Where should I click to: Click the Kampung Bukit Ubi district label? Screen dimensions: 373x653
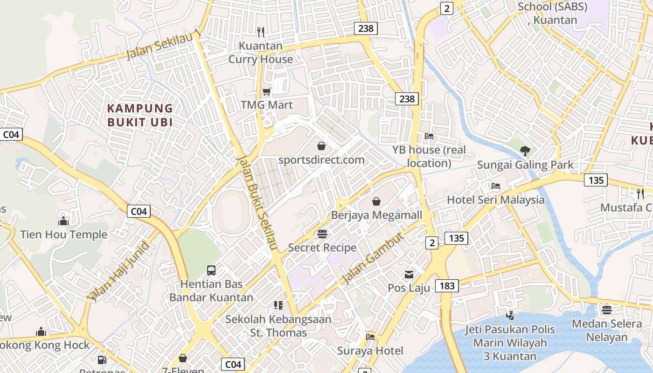click(x=140, y=115)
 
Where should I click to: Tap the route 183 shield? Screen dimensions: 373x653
click(x=447, y=285)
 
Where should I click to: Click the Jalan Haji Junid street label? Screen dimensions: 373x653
click(x=118, y=271)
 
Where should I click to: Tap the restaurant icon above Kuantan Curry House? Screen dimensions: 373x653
click(x=261, y=32)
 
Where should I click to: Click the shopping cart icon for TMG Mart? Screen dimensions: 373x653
click(x=266, y=91)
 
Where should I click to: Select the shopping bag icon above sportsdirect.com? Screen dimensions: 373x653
click(x=321, y=146)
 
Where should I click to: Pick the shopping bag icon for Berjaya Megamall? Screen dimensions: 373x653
click(x=376, y=201)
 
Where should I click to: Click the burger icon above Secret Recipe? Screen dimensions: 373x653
click(x=322, y=234)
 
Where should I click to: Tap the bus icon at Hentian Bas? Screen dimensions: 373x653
click(x=211, y=270)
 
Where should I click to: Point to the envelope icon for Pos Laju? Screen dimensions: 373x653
click(x=409, y=274)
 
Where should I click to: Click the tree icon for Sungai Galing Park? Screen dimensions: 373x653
click(x=525, y=151)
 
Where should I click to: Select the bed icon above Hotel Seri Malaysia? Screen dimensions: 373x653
click(x=495, y=186)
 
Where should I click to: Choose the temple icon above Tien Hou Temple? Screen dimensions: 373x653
click(x=63, y=221)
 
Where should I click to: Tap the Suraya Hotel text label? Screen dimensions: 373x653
click(x=370, y=351)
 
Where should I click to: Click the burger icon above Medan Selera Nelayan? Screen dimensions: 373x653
click(x=606, y=310)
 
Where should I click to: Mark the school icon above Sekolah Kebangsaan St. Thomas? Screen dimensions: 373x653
click(x=278, y=305)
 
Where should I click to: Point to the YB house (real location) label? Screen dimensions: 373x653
click(x=429, y=156)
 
